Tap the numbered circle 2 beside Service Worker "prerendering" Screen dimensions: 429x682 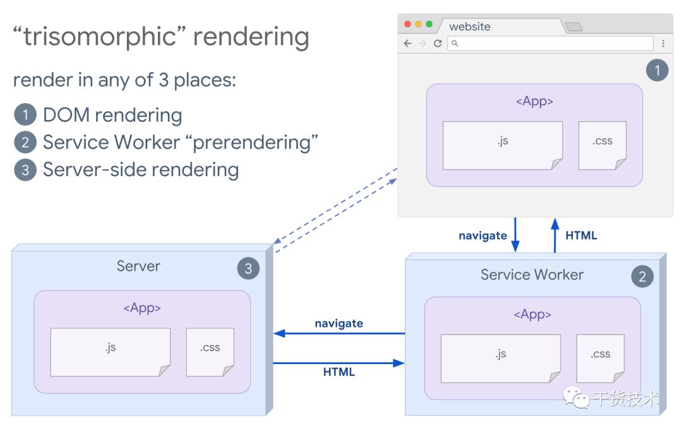tap(25, 143)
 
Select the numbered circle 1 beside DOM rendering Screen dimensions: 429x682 tap(25, 115)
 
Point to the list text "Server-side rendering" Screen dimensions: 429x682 tap(140, 170)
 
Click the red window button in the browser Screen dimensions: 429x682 tap(408, 25)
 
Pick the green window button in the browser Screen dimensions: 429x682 tap(429, 25)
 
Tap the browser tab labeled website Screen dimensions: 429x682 tap(470, 26)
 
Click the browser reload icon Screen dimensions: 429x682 tap(437, 44)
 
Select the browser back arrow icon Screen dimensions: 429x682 tap(407, 44)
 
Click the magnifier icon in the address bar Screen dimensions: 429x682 tap(455, 44)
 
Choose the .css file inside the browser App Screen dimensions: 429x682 tap(602, 145)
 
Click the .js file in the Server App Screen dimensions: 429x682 tap(111, 352)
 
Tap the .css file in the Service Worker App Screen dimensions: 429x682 tap(601, 358)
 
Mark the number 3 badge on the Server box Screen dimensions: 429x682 tap(248, 269)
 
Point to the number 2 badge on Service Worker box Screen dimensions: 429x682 tap(642, 276)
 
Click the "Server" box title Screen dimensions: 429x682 tap(138, 266)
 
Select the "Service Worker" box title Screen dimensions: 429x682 tap(532, 274)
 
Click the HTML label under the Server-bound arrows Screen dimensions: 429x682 tap(339, 372)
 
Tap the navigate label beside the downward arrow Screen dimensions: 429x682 tap(482, 236)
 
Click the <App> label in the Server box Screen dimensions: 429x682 tap(142, 309)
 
